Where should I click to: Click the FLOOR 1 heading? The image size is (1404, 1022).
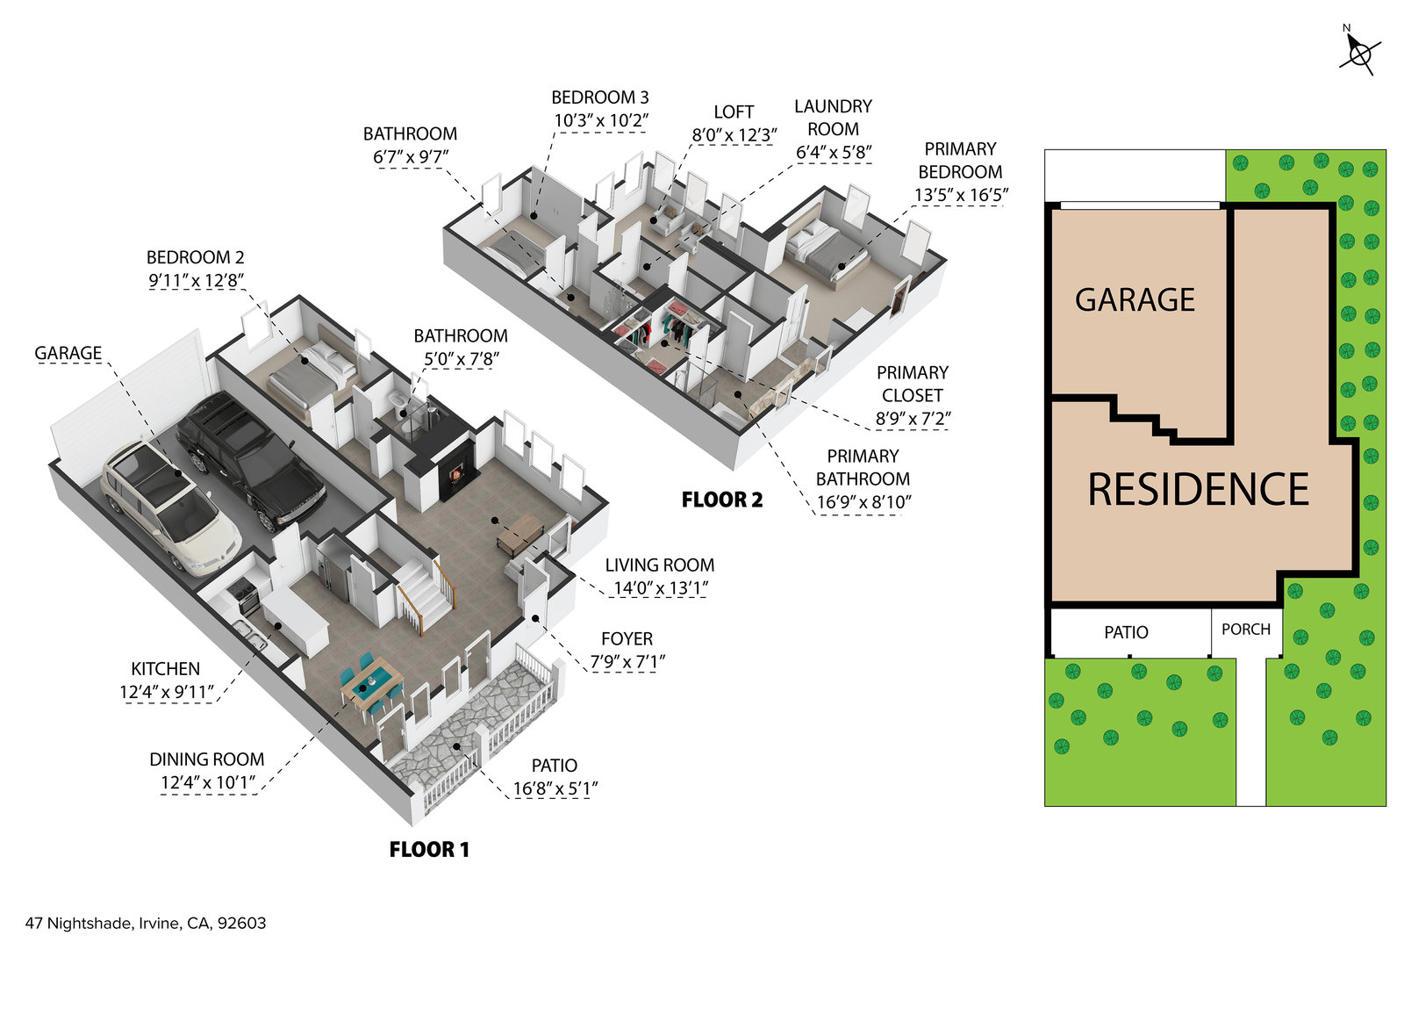[x=429, y=849]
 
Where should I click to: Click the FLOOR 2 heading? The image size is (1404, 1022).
[x=722, y=500]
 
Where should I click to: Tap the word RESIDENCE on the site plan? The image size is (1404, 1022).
[x=1198, y=490]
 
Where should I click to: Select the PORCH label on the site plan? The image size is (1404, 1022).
[x=1245, y=630]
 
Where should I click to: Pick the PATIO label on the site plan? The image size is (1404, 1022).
[x=1126, y=632]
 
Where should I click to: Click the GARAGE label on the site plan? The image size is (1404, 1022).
[x=1135, y=300]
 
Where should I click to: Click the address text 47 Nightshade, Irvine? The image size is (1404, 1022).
[x=146, y=923]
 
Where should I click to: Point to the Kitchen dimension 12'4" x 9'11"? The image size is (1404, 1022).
[x=167, y=692]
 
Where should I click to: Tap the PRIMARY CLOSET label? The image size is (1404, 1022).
[x=913, y=384]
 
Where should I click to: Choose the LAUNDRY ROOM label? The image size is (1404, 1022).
[x=833, y=118]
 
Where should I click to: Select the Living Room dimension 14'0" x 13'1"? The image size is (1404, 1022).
[x=661, y=588]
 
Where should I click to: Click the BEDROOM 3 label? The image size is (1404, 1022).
[x=600, y=97]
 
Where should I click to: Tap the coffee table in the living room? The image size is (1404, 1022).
[x=520, y=533]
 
